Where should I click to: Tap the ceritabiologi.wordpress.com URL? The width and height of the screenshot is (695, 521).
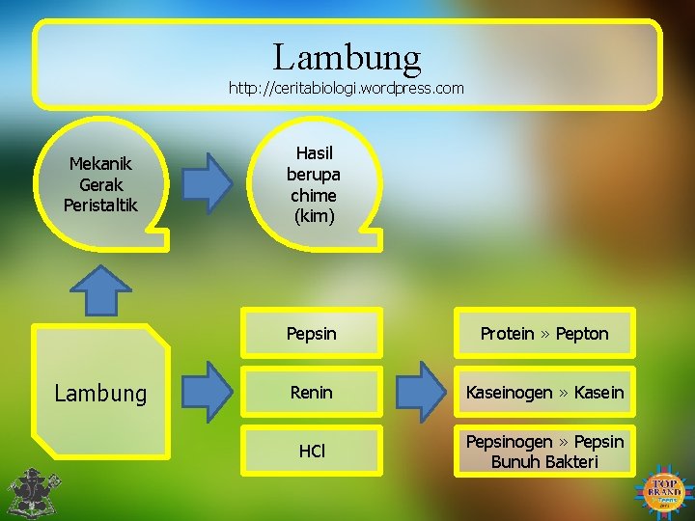(346, 88)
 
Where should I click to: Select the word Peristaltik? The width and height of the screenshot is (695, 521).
(100, 205)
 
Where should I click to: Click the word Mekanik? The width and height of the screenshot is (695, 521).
(100, 164)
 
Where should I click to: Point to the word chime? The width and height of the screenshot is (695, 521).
(313, 196)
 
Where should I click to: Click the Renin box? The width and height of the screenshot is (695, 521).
(312, 392)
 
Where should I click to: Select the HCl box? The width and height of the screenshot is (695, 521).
(312, 452)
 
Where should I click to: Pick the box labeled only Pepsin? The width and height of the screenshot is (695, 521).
(312, 334)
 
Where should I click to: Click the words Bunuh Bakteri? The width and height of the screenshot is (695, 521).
(544, 462)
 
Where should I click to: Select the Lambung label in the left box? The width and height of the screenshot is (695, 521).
(100, 393)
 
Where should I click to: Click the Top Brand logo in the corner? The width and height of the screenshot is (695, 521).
(666, 491)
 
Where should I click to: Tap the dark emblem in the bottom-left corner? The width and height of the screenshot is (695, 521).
(29, 492)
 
